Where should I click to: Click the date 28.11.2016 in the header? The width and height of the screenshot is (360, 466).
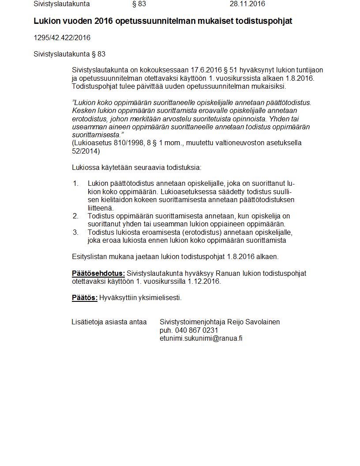247,4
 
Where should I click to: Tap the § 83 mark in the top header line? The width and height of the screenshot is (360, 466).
139,4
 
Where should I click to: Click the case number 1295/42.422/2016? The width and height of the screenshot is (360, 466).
62,38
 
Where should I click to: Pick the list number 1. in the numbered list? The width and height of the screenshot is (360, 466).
76,184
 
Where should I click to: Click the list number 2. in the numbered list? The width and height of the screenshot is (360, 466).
76,216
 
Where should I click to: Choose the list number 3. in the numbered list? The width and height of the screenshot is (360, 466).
76,233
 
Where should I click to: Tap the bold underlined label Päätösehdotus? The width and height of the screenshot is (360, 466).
98,274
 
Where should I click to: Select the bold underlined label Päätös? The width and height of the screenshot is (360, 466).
85,298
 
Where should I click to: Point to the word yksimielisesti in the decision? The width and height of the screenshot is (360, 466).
160,298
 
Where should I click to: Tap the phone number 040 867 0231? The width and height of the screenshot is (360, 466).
196,331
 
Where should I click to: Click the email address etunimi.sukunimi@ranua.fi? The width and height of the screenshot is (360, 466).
201,338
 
